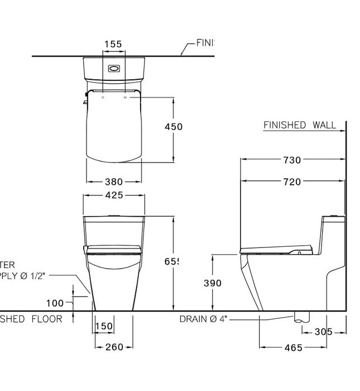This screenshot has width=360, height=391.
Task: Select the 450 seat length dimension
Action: click(174, 127)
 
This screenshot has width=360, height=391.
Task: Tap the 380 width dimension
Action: click(114, 182)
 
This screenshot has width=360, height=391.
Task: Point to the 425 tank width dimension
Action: click(114, 195)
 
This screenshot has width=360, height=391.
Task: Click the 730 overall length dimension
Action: click(291, 160)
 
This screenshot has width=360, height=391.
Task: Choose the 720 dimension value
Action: click(291, 182)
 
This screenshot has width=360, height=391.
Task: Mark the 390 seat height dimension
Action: click(212, 283)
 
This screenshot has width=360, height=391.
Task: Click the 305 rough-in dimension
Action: click(323, 332)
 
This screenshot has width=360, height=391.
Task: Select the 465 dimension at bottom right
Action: click(292, 347)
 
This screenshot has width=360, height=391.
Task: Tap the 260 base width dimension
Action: click(114, 347)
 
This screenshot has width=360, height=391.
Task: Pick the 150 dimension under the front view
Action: click(104, 326)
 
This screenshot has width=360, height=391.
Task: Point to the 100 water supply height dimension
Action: click(55, 303)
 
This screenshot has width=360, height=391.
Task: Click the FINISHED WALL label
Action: click(300, 125)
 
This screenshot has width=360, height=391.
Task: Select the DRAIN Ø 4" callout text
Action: click(203, 319)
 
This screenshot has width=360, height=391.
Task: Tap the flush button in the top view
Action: click(113, 69)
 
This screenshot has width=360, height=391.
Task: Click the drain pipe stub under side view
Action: click(300, 317)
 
